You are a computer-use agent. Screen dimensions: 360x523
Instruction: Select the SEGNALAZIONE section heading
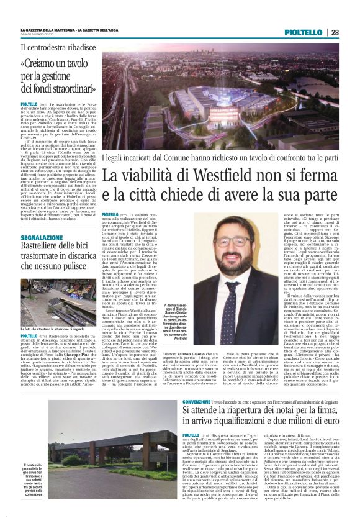click(x=45, y=238)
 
